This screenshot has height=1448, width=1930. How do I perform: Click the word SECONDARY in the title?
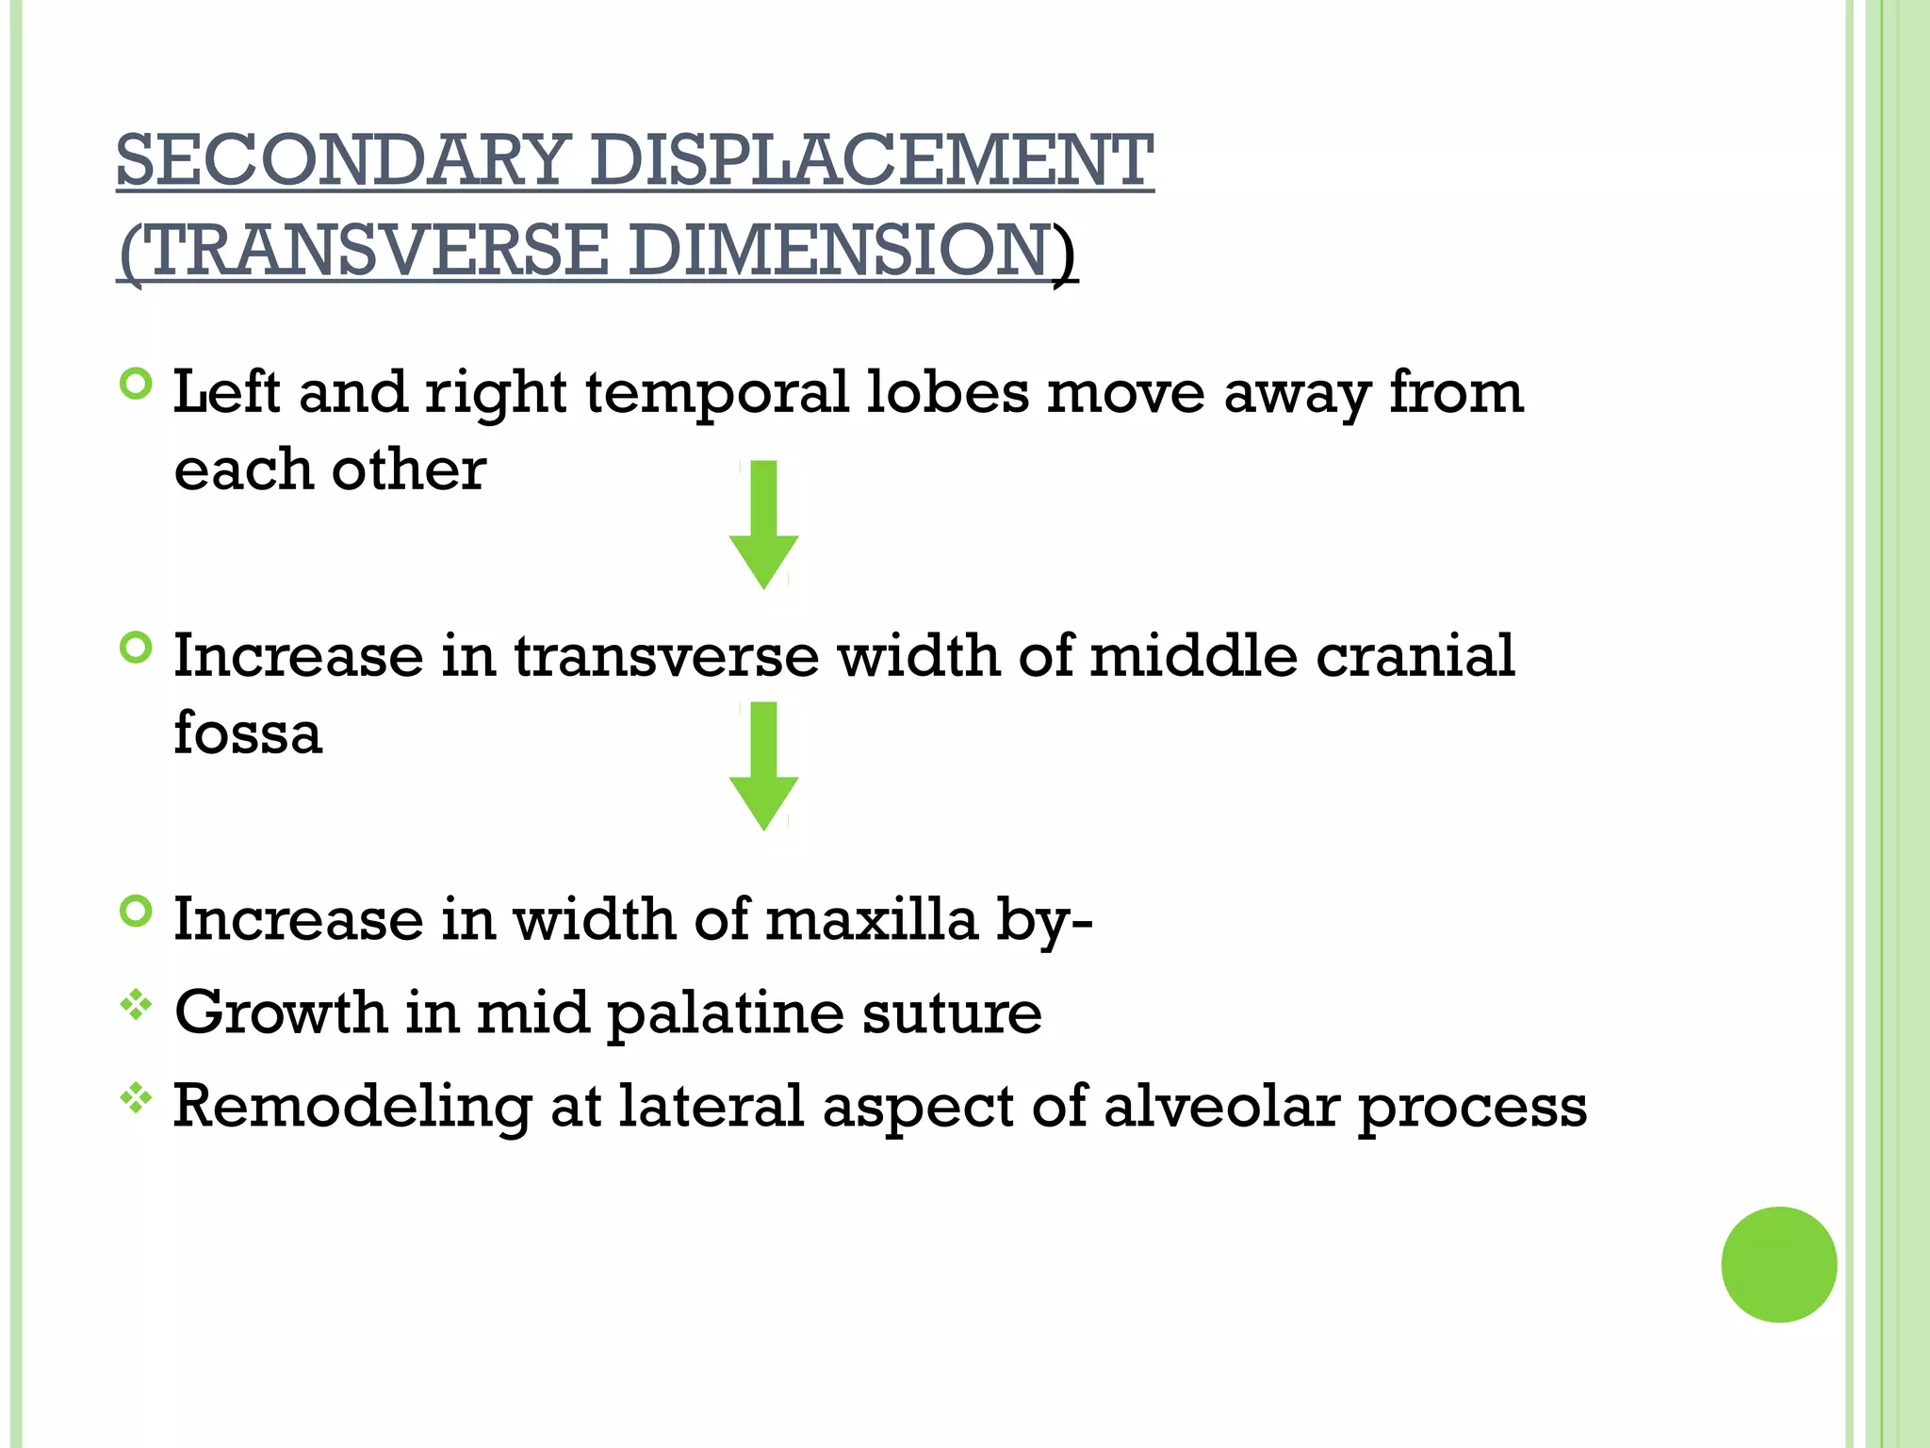point(343,160)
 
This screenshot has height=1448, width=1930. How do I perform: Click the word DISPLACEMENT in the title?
point(872,160)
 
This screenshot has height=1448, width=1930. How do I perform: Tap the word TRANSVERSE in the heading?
point(378,251)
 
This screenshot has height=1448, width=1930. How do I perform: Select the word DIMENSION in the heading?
point(839,251)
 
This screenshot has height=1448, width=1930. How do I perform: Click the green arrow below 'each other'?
point(764,524)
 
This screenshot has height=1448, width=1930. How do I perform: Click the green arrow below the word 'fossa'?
point(764,765)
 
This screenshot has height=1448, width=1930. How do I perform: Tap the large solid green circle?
point(1778,1264)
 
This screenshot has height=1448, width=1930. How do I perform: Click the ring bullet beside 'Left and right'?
point(137,384)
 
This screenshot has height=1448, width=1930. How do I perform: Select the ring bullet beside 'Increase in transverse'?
point(137,648)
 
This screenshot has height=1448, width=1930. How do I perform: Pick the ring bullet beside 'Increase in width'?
point(137,912)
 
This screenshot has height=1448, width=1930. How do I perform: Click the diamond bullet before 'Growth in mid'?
point(137,1005)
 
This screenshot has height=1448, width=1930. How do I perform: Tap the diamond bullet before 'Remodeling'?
point(137,1098)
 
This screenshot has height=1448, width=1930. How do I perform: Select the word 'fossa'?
point(248,733)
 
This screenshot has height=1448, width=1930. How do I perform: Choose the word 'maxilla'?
point(872,919)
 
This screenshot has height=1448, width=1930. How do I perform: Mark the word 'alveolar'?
point(1221,1106)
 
